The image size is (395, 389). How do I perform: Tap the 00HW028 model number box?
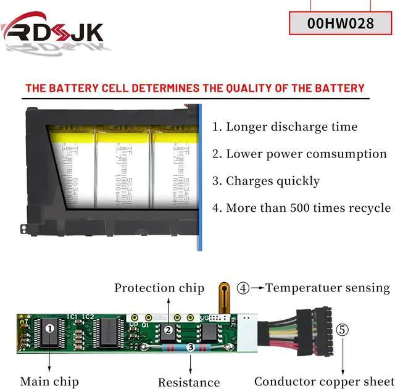click(x=340, y=23)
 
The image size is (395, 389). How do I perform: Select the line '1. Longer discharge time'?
click(x=285, y=127)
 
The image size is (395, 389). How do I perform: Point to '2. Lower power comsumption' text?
click(x=299, y=154)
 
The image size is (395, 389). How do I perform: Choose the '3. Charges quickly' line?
click(x=266, y=181)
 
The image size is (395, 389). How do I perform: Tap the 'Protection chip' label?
click(x=159, y=288)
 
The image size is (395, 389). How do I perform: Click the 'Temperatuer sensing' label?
click(x=327, y=288)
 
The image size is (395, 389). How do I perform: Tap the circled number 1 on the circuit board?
click(x=49, y=329)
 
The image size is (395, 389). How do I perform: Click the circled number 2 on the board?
click(x=168, y=330)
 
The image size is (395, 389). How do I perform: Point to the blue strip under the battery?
click(x=201, y=235)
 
